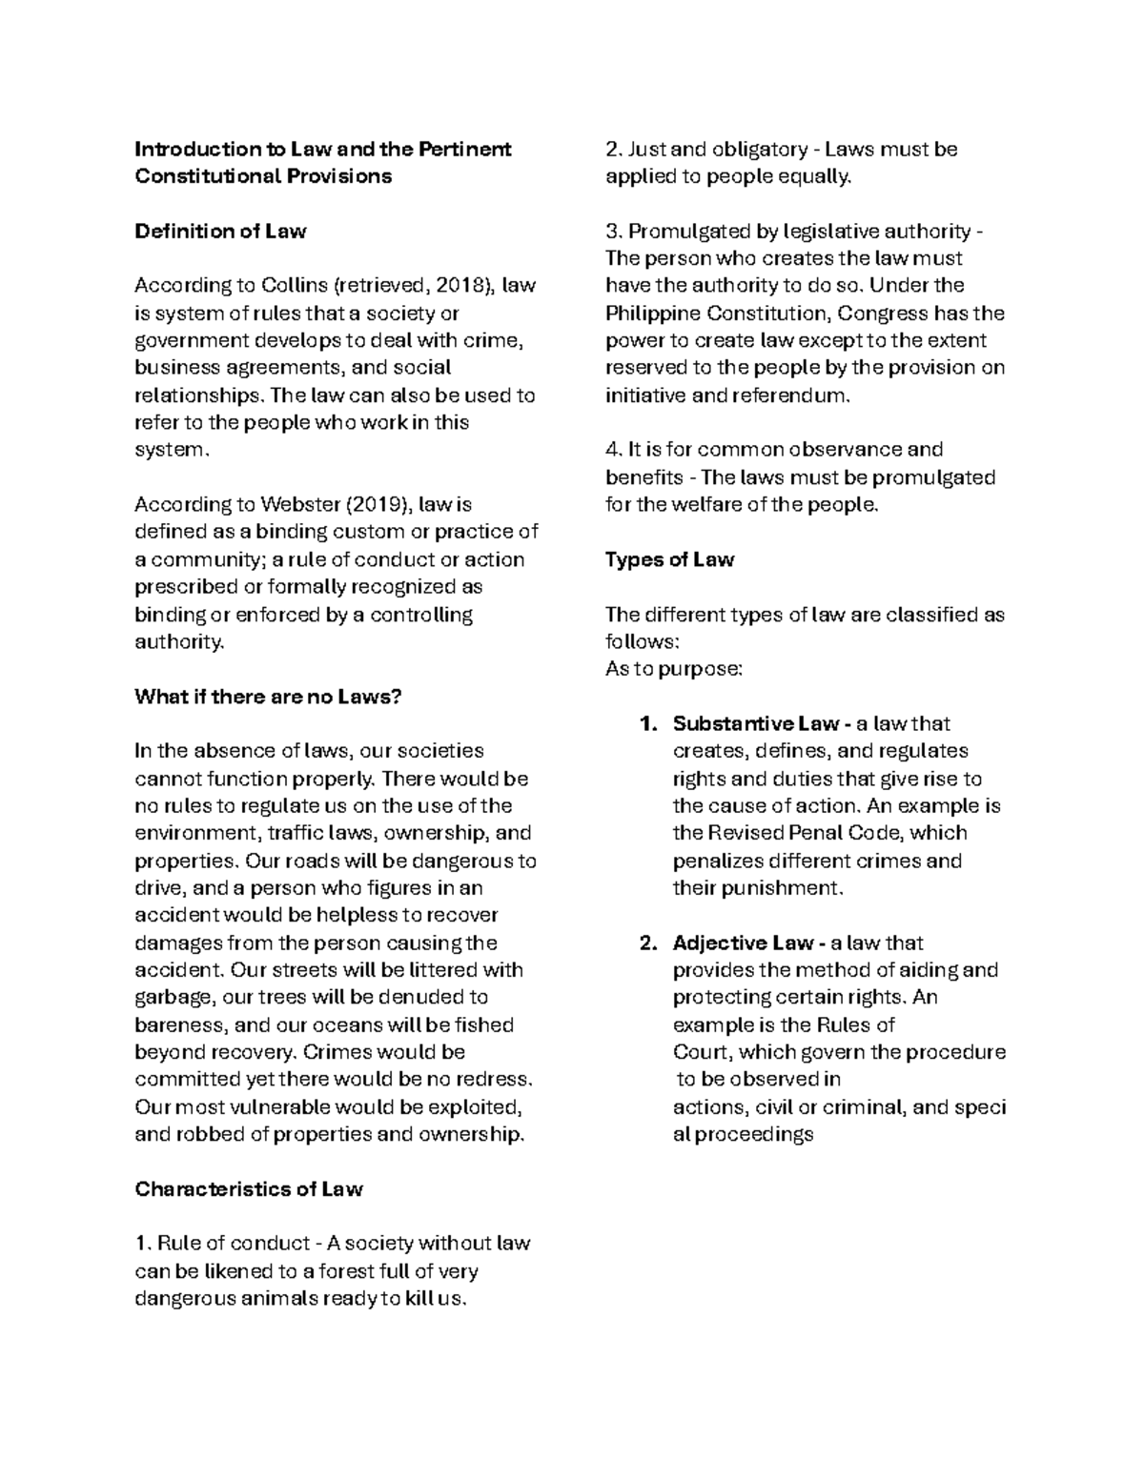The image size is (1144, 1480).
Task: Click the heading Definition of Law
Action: point(220,231)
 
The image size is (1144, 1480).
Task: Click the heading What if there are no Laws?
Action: point(268,697)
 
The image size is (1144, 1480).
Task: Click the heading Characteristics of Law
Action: point(249,1189)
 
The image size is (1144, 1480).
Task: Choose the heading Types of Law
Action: point(669,559)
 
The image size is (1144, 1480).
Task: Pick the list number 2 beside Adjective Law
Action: point(648,943)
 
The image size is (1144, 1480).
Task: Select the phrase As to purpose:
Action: point(673,669)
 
